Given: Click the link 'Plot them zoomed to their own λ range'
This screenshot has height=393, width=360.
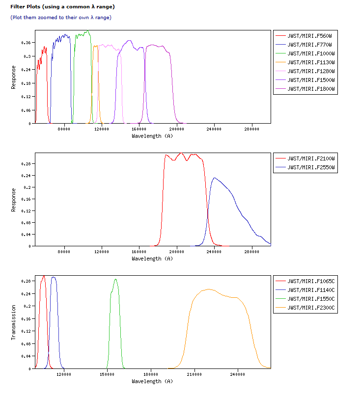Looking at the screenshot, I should pyautogui.click(x=61, y=18).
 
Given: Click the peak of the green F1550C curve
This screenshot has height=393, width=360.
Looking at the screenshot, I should pyautogui.click(x=116, y=280).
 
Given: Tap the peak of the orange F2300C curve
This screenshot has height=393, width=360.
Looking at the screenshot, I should pyautogui.click(x=209, y=289).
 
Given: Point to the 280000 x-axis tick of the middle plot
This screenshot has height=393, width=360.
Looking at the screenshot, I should pyautogui.click(x=252, y=252).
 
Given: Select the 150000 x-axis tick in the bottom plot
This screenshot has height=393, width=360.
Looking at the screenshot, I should pyautogui.click(x=107, y=375).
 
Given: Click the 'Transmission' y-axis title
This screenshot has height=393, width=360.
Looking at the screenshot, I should pyautogui.click(x=14, y=322).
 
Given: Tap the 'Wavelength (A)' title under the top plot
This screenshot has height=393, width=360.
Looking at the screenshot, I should pyautogui.click(x=152, y=136).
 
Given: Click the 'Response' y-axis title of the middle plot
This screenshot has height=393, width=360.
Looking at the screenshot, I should pyautogui.click(x=14, y=200).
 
